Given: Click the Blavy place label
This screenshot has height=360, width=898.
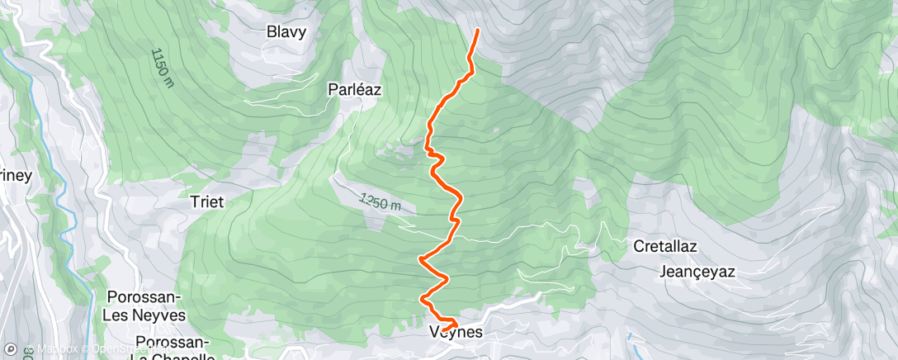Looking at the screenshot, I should (286, 33).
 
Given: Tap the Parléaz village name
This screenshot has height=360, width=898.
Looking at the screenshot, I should (354, 90).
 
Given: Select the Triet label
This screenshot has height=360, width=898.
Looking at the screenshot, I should (207, 201).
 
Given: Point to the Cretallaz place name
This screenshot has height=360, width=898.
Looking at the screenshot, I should (666, 246).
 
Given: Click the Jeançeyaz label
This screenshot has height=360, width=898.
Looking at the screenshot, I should (697, 271).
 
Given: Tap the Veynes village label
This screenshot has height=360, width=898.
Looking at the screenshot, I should (456, 333).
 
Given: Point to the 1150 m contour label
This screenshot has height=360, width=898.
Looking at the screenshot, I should (163, 67).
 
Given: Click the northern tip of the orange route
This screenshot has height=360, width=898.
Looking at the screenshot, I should (478, 31).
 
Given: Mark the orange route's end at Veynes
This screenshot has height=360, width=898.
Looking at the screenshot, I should (443, 331).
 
